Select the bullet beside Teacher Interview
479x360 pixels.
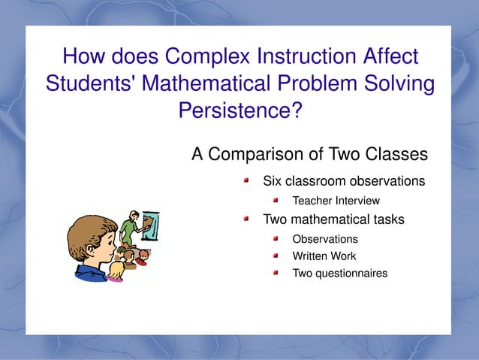click(276, 201)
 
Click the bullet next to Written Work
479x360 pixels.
click(276, 256)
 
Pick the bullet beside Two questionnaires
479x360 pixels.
click(276, 273)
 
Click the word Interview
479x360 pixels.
click(357, 201)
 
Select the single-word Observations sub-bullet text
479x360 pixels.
click(324, 239)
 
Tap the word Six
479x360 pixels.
click(271, 181)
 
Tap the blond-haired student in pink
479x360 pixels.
click(116, 269)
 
